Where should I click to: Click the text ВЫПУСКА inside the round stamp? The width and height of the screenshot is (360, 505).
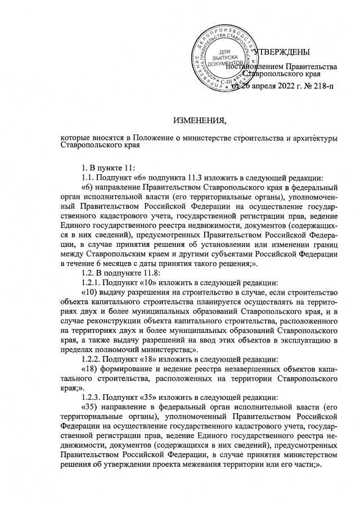click(227, 57)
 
